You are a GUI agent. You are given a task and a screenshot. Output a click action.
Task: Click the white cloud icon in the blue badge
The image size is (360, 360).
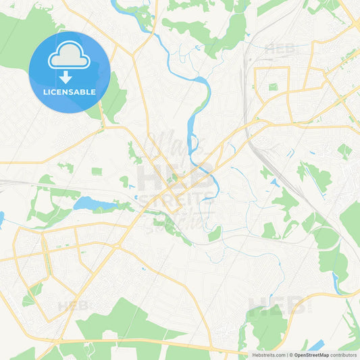pos(70,56)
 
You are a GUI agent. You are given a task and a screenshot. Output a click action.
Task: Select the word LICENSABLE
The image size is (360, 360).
pos(70,91)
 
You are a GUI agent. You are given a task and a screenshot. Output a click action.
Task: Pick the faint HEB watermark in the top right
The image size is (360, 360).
pos(279,49)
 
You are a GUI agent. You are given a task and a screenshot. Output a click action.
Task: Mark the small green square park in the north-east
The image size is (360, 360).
pos(273,87)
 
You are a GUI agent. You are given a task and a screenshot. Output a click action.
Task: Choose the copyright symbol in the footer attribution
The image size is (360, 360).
pos(290,355)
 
